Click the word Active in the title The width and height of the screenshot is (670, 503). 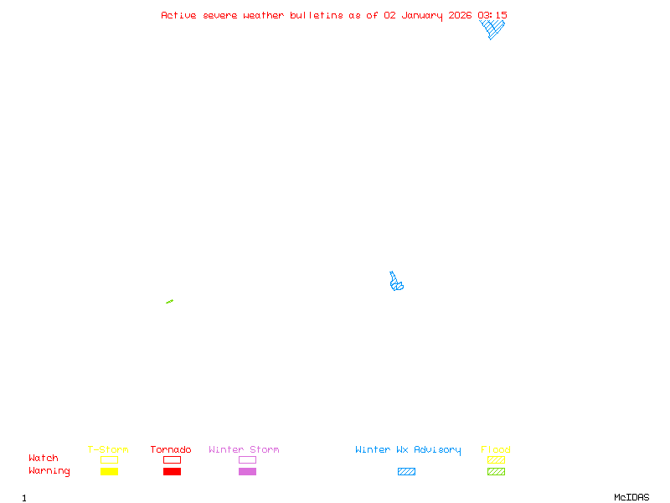(x=178, y=15)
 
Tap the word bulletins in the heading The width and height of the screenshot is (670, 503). (x=317, y=15)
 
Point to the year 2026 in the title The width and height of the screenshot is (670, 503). (x=461, y=15)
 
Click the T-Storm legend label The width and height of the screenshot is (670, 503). (x=108, y=450)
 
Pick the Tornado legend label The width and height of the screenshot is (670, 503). (x=171, y=450)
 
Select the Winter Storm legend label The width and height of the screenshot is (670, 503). (x=244, y=450)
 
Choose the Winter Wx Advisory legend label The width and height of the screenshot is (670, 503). (x=408, y=450)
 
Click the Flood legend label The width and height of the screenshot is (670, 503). (x=496, y=450)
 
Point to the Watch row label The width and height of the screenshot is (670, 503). (x=44, y=459)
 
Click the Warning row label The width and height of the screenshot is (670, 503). (x=49, y=471)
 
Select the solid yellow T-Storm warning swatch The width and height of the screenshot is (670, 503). (x=109, y=472)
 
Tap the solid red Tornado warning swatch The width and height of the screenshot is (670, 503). (x=172, y=472)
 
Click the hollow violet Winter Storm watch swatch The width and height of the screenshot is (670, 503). (x=247, y=459)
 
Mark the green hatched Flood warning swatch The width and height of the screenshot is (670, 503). (x=496, y=472)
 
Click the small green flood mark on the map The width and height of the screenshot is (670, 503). (x=169, y=302)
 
